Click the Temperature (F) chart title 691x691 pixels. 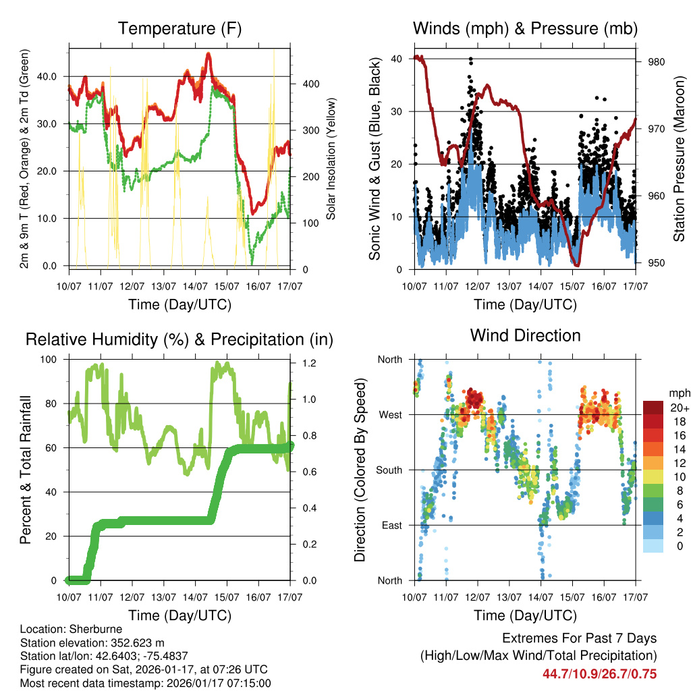pos(179,28)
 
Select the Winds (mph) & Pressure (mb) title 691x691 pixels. pos(525,28)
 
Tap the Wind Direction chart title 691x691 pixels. pos(525,335)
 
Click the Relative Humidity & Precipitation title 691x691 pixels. pos(179,339)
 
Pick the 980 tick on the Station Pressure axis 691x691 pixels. pos(657,61)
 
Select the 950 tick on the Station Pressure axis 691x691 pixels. pos(657,263)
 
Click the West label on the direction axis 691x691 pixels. pos(389,415)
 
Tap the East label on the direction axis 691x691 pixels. pos(390,525)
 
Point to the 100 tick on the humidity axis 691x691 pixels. pos(49,360)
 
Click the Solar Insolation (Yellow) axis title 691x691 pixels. pos(331,159)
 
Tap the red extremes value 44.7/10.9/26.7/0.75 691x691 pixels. pos(599,673)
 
